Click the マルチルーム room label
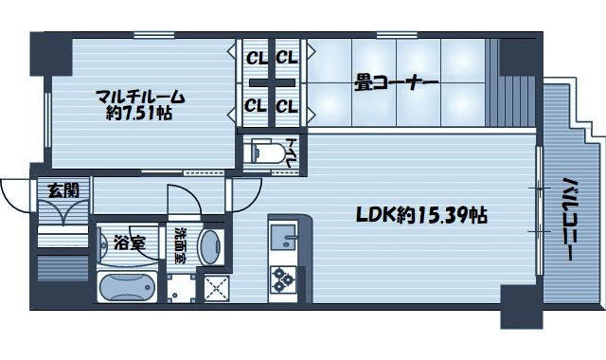pos(140,97)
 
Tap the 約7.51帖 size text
pos(139,113)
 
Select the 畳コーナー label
pos(396,82)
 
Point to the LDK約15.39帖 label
pos(421,215)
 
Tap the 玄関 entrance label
pos(63,190)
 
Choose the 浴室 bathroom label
pos(129,243)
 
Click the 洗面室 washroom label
pos(180,245)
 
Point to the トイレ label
pos(291,153)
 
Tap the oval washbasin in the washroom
pos(211,247)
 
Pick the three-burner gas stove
pos(283,279)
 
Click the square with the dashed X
pos(217,288)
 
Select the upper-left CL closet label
pos(257,59)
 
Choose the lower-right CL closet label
pos(287,106)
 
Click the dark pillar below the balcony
pos(522,307)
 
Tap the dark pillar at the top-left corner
pos(51,54)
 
